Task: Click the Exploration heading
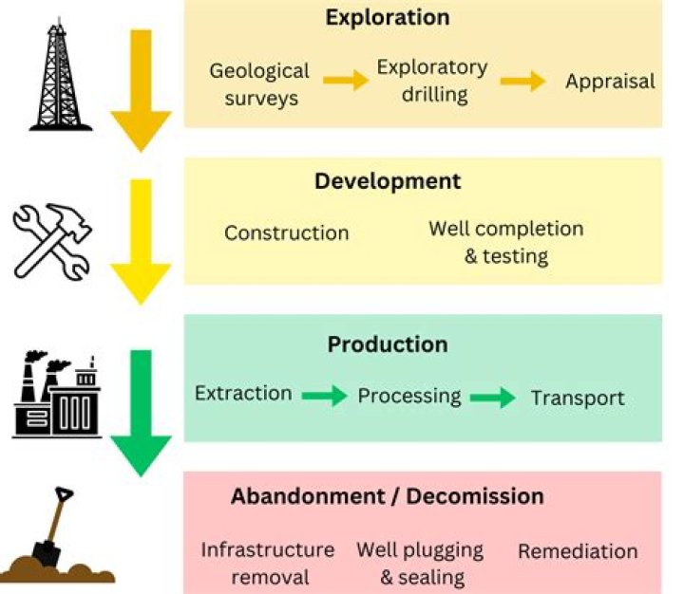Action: click(x=388, y=18)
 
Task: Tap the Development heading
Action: click(x=388, y=181)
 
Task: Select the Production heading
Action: click(x=388, y=344)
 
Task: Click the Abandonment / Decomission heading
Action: click(x=388, y=496)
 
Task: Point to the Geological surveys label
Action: click(x=259, y=84)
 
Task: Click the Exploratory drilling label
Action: click(x=432, y=81)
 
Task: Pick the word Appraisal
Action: click(x=610, y=82)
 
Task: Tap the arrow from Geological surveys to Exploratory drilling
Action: click(x=346, y=81)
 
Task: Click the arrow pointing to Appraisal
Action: click(x=522, y=81)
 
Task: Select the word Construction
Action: click(x=287, y=233)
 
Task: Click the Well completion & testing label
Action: click(x=506, y=242)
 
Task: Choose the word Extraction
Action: click(x=243, y=393)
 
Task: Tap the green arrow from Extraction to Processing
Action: click(x=325, y=396)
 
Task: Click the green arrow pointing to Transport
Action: click(x=493, y=398)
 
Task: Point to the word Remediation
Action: click(x=578, y=551)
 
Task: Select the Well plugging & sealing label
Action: click(x=420, y=564)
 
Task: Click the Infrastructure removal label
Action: click(x=268, y=564)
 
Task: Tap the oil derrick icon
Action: click(x=60, y=74)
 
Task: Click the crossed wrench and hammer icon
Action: click(x=52, y=241)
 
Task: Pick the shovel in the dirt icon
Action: click(x=57, y=535)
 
